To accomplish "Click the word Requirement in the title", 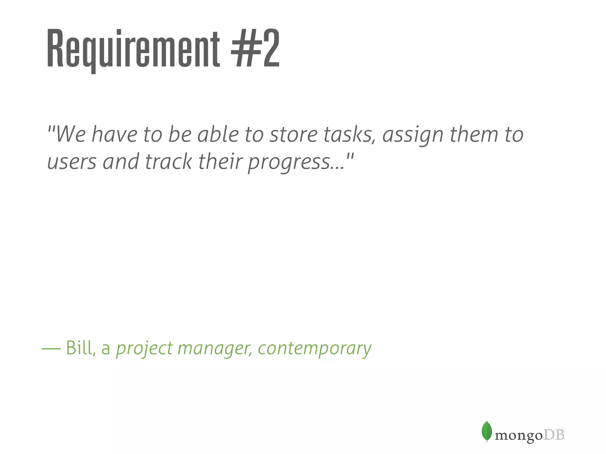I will (x=133, y=49).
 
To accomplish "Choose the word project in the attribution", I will (x=144, y=349).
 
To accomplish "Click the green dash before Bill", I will (x=51, y=349).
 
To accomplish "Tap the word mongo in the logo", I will (x=518, y=435).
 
